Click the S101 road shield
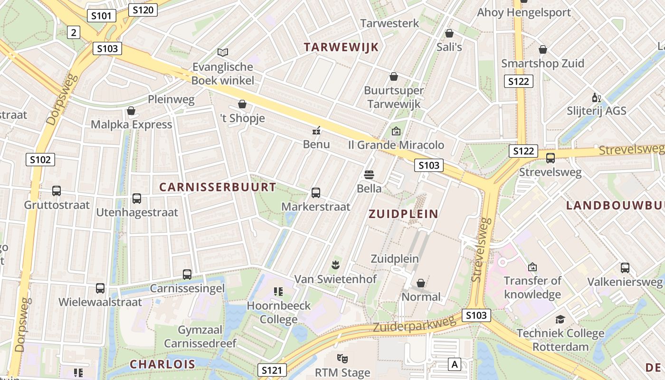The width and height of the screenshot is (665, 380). (101, 16)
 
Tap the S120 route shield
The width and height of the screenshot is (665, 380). (142, 9)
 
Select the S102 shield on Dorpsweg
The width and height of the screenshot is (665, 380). (40, 160)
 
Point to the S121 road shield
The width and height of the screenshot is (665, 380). (273, 370)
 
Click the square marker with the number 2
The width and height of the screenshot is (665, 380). (73, 32)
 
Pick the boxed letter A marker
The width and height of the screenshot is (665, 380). (455, 365)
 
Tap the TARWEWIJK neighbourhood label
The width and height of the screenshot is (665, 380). (341, 47)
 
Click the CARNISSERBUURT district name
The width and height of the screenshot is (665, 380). (218, 187)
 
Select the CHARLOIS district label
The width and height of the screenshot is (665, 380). (162, 364)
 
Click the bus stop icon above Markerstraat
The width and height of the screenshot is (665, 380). (316, 193)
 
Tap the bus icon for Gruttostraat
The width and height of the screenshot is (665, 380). (57, 191)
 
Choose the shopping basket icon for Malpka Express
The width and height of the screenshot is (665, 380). (131, 111)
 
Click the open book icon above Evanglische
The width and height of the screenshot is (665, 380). (223, 52)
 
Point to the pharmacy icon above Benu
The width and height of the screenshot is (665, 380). (316, 130)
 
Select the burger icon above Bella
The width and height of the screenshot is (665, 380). (369, 174)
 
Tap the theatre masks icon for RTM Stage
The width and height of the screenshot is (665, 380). (342, 359)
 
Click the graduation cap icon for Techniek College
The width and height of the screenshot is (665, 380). (560, 319)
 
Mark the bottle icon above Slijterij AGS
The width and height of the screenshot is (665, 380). (597, 98)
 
